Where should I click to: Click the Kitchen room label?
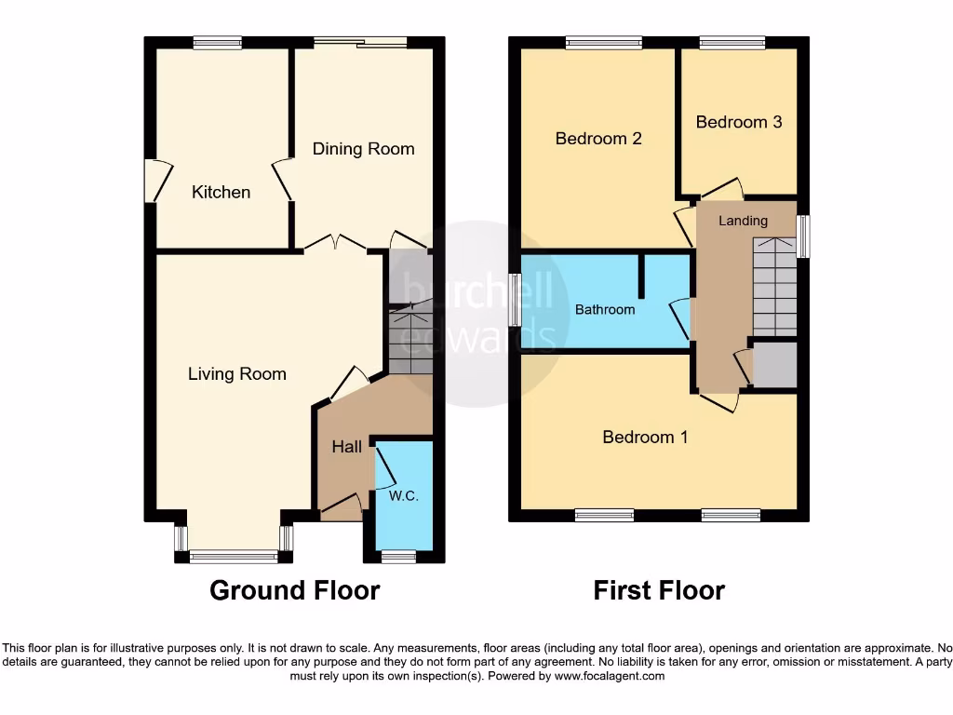[221, 192]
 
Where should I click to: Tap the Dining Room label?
[363, 149]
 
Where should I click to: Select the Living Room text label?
[236, 374]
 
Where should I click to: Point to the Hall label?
[347, 447]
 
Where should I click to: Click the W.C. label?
[403, 496]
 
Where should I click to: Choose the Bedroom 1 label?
[645, 437]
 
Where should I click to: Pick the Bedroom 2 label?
[598, 139]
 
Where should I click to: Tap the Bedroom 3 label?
[738, 122]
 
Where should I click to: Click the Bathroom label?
[605, 309]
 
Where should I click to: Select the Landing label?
[743, 221]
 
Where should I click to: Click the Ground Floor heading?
[294, 590]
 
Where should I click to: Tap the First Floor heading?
[659, 590]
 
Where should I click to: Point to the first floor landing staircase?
[774, 287]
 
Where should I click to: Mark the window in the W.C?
[398, 557]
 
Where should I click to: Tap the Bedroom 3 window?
[732, 42]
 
